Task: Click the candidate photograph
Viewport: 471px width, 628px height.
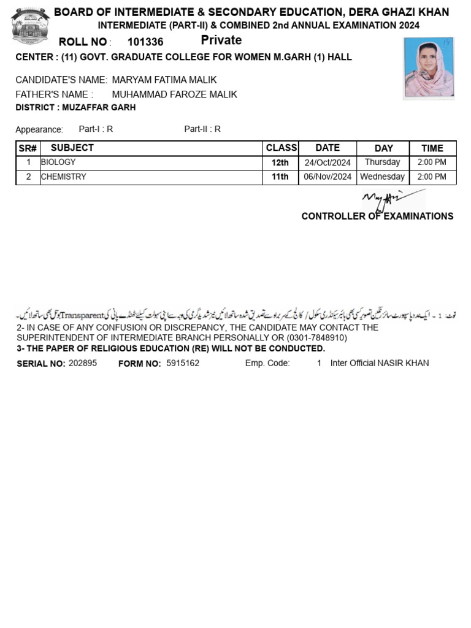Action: (429, 68)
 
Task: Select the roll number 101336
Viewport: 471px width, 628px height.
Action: (145, 42)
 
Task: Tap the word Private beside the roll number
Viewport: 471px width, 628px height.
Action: (221, 40)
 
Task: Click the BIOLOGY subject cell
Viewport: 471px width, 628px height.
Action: (58, 163)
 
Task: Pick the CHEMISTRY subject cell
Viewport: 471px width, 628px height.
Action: (63, 177)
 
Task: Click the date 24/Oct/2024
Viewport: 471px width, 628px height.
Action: (327, 163)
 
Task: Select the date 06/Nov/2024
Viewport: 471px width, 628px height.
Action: (327, 177)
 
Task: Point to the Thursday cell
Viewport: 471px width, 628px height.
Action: (382, 163)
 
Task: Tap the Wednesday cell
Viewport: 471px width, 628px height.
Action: (382, 177)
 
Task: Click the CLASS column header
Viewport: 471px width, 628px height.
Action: (281, 148)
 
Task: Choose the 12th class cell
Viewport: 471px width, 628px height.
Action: (280, 163)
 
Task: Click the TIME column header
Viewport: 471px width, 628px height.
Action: (432, 148)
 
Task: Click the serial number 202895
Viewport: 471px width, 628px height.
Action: (83, 363)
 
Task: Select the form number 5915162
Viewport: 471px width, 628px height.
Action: (183, 363)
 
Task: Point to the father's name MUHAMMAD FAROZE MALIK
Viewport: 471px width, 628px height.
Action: (174, 94)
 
